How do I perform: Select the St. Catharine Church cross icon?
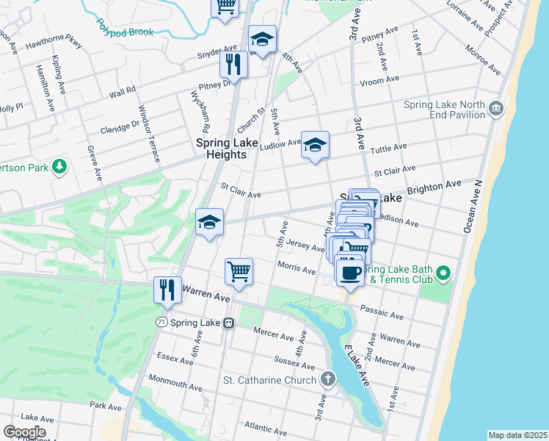click(x=327, y=380)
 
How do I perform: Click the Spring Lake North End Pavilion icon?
click(x=496, y=110)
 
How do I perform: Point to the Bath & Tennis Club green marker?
click(x=442, y=274)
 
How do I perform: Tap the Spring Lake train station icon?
click(x=228, y=323)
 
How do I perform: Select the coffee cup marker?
click(x=349, y=272)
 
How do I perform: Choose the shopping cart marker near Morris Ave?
click(x=239, y=271)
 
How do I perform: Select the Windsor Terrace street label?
click(x=165, y=139)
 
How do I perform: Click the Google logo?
click(x=24, y=431)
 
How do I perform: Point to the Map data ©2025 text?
click(x=517, y=435)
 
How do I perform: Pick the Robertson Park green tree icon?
click(x=58, y=167)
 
